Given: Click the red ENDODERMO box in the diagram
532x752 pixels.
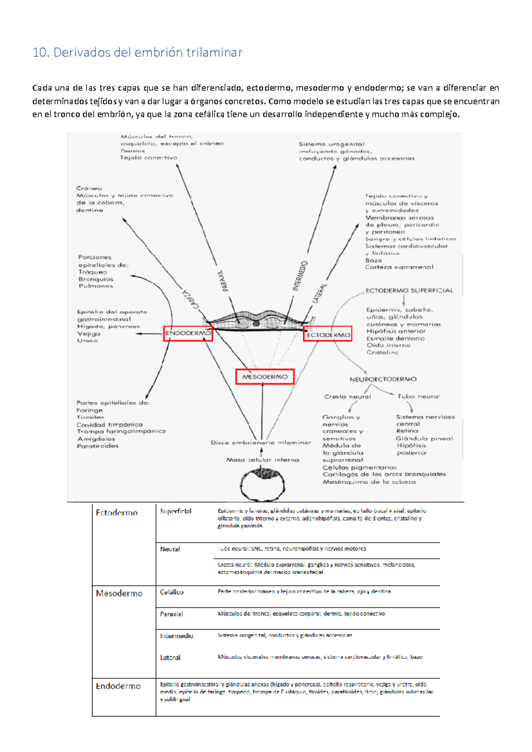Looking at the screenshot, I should (x=188, y=333).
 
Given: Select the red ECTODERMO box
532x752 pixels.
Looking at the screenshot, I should (x=328, y=335).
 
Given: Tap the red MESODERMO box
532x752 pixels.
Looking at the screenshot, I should (x=265, y=377).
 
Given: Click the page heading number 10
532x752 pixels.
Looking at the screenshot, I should (x=40, y=53).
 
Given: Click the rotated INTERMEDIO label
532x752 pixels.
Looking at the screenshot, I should (x=300, y=276).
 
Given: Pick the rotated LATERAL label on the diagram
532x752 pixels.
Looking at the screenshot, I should (x=320, y=294).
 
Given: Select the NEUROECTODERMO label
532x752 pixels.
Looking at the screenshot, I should (x=383, y=380).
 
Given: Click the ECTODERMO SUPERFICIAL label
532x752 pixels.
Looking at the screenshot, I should (x=409, y=290).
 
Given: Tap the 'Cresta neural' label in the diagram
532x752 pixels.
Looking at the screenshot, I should (x=347, y=397).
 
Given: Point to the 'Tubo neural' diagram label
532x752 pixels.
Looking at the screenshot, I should (x=419, y=396).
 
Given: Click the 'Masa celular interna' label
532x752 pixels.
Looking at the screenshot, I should (x=262, y=460).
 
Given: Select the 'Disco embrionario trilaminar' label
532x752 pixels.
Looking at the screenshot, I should (x=261, y=443).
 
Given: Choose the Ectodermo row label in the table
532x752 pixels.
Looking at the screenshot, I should (x=117, y=513).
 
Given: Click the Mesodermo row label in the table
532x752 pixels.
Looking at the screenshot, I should (x=119, y=593).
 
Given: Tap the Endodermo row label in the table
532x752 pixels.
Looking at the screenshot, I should (x=118, y=686).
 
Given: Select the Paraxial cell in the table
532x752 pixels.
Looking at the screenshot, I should (x=171, y=614).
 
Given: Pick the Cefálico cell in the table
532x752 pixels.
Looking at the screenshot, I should (x=172, y=592).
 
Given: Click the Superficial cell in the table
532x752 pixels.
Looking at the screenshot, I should (x=176, y=511).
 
